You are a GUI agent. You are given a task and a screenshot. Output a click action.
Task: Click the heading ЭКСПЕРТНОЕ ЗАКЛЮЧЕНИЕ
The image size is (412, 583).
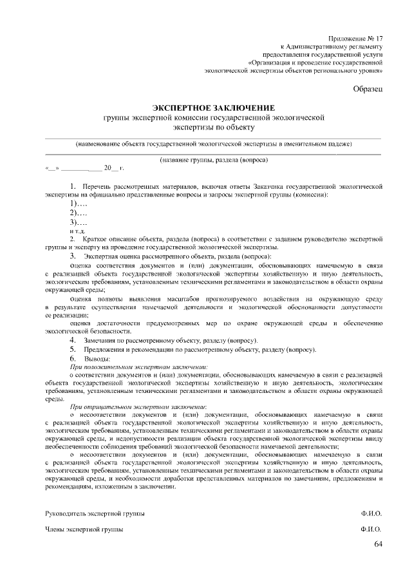coord(213,108)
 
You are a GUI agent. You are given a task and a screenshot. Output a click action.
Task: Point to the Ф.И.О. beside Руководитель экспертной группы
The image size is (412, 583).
coord(371,513)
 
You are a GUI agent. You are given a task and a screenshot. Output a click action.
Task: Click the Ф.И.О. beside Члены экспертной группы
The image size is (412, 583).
coord(371,529)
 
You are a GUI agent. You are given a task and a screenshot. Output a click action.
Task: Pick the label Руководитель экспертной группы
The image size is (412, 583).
coord(95,513)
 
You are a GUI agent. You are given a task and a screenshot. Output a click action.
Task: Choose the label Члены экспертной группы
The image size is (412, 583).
coord(84,529)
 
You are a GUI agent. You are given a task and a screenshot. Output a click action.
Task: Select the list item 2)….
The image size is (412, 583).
coord(78,213)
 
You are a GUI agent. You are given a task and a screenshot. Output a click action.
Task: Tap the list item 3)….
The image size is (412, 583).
coord(78,222)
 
